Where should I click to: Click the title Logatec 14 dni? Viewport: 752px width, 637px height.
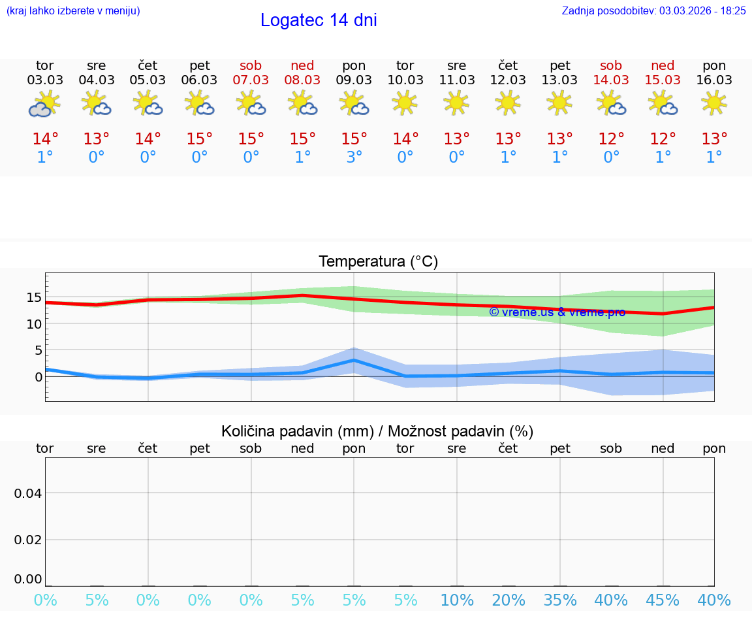tap(319, 20)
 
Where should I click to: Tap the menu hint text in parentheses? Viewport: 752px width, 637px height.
tap(72, 10)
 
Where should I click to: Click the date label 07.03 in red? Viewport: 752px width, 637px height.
tap(251, 80)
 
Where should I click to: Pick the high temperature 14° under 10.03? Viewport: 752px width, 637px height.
tap(405, 139)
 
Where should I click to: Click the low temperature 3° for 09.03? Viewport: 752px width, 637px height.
tap(354, 157)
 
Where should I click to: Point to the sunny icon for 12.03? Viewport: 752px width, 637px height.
tap(508, 103)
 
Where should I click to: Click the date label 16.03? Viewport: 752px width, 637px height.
tap(714, 80)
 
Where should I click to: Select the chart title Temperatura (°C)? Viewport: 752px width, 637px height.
tap(378, 261)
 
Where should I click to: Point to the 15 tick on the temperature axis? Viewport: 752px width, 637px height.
tap(34, 297)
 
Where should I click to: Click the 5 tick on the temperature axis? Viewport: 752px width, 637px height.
tap(38, 350)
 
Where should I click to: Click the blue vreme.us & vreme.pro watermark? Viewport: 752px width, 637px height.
tap(557, 312)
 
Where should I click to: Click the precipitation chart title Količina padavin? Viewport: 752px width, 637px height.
tap(377, 431)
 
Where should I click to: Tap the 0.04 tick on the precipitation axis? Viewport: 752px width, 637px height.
tap(28, 493)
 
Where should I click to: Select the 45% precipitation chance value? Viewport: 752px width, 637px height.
tap(663, 600)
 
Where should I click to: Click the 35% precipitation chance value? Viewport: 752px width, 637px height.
tap(559, 600)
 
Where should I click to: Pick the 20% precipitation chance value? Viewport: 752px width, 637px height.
tap(508, 600)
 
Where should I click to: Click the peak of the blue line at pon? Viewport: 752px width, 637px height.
tap(354, 360)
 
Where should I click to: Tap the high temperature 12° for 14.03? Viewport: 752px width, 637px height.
tap(611, 139)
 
